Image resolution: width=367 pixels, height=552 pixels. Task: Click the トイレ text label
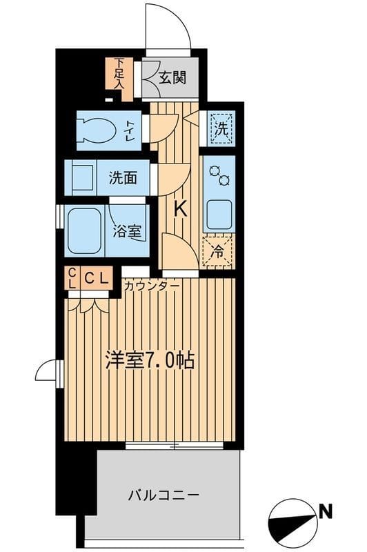[x=130, y=130]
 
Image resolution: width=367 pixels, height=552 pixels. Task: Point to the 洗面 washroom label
[x=122, y=178]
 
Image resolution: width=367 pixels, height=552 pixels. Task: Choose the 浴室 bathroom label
[x=128, y=232]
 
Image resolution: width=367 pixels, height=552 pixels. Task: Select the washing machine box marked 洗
[x=220, y=127]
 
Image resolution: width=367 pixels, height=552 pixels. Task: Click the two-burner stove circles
[x=219, y=176]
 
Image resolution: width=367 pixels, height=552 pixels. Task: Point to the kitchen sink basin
[x=219, y=215]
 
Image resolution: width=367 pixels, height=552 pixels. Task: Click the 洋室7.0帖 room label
[x=149, y=361]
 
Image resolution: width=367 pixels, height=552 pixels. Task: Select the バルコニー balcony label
[x=164, y=495]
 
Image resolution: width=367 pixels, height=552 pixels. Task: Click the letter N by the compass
[x=324, y=511]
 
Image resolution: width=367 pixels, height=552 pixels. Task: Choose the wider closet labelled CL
[x=97, y=279]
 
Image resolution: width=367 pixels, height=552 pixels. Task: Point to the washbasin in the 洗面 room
[x=82, y=178]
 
